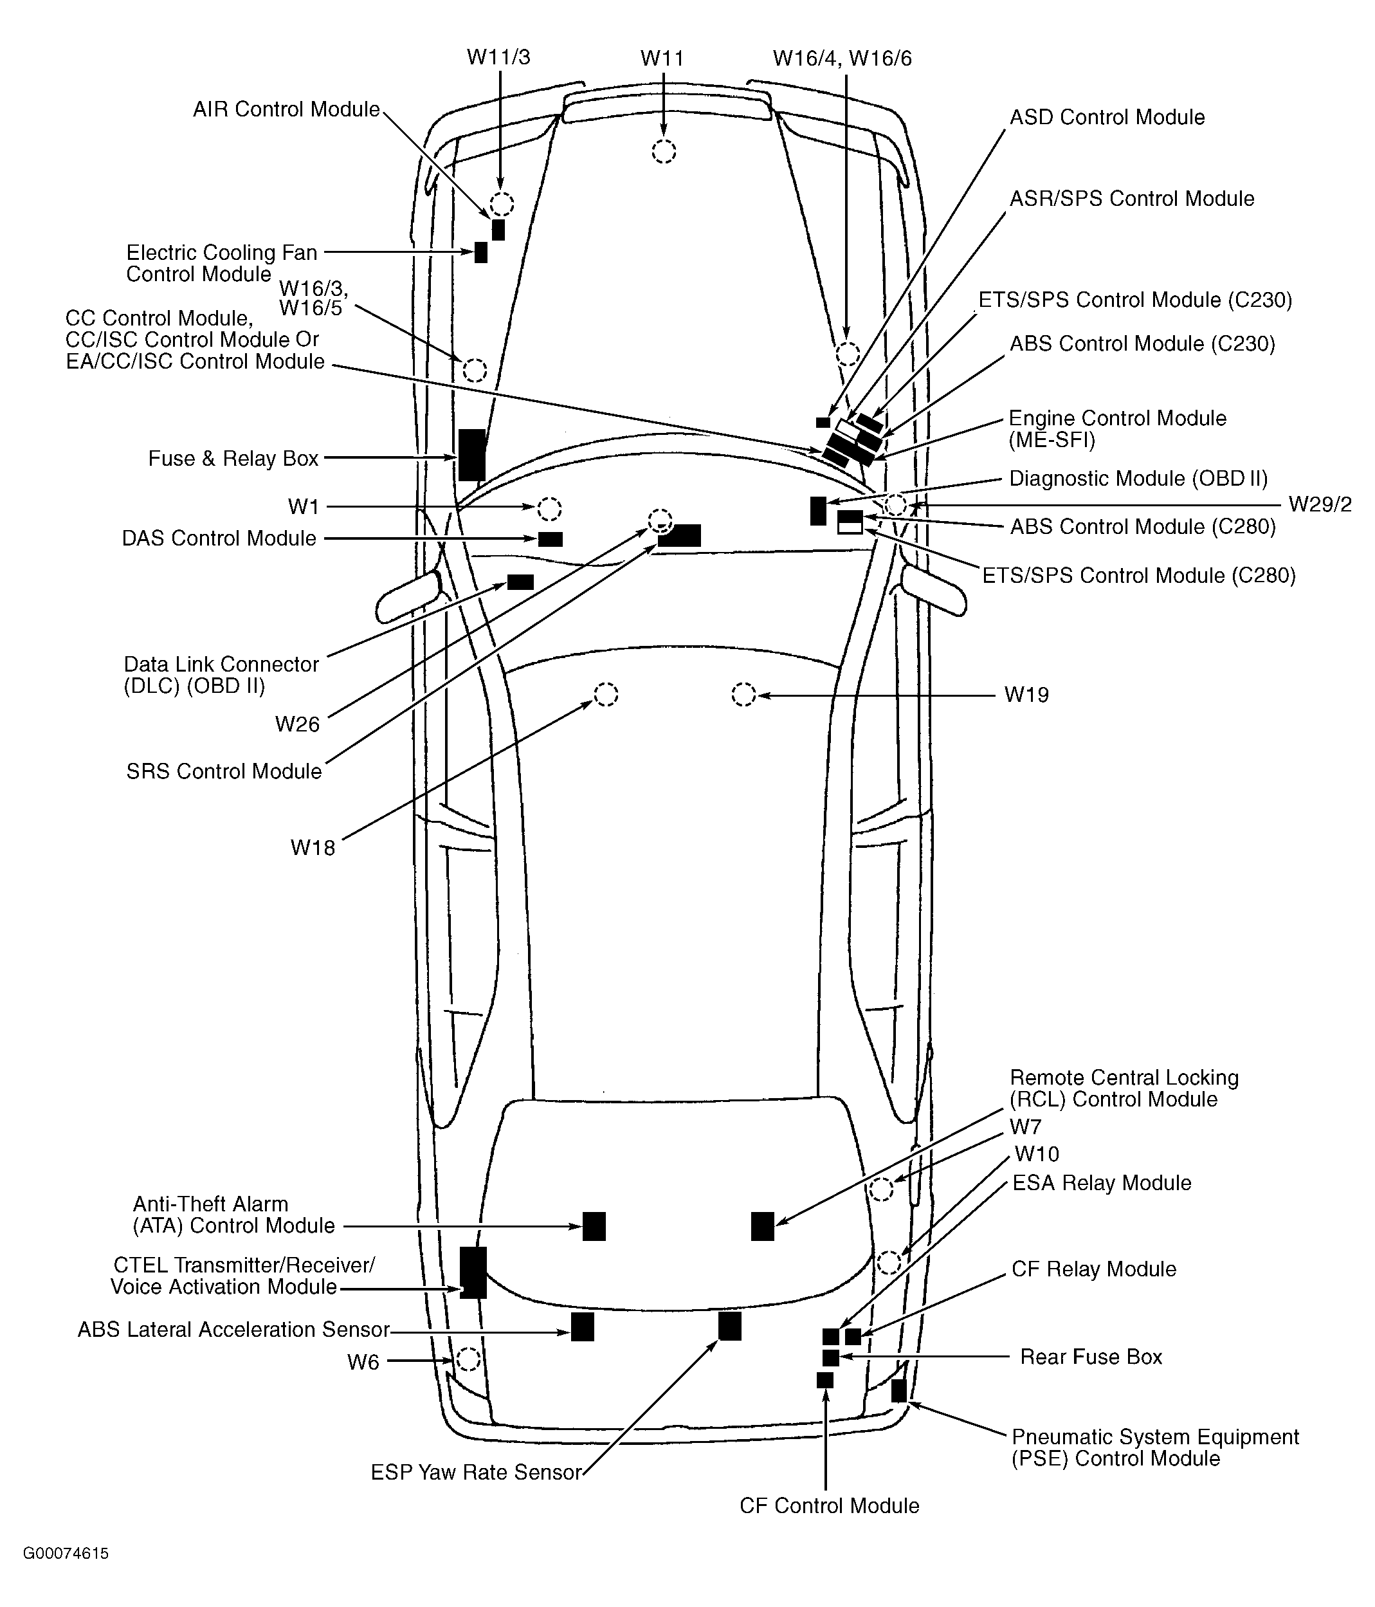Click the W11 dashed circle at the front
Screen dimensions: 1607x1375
tap(663, 152)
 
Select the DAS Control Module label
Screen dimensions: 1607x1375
tap(219, 538)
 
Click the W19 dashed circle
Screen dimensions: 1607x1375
tap(743, 694)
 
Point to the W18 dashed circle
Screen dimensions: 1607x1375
tap(606, 694)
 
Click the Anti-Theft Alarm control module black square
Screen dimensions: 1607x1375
tap(594, 1226)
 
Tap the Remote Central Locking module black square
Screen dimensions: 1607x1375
tap(762, 1226)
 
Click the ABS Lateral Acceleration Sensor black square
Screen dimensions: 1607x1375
tap(583, 1327)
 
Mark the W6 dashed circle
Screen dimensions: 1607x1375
tap(468, 1359)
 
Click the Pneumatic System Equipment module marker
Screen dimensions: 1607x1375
tap(898, 1391)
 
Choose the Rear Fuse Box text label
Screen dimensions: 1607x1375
tap(1090, 1357)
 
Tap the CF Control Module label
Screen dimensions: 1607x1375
tap(829, 1505)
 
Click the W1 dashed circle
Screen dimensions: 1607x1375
tap(549, 509)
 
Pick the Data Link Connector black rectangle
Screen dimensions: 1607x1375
tap(520, 582)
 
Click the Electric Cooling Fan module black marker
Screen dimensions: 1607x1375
tap(481, 252)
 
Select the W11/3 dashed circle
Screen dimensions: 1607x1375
tap(502, 204)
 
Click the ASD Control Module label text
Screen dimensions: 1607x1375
tap(1107, 117)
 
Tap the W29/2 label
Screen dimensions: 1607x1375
tap(1320, 504)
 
